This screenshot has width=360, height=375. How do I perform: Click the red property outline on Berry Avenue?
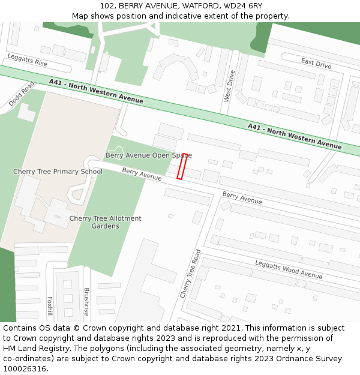(x=182, y=166)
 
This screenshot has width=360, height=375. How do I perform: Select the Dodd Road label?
(x=22, y=94)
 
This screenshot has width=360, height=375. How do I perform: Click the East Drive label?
(x=316, y=63)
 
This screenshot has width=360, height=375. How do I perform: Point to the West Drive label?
(x=229, y=86)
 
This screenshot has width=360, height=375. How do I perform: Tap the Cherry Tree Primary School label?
(x=58, y=172)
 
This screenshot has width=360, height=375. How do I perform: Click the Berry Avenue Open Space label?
(x=148, y=155)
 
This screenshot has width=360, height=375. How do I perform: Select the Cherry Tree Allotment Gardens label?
(x=106, y=223)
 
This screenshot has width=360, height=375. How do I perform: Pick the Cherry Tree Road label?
(x=190, y=274)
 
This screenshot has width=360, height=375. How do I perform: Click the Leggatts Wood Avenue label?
(x=289, y=269)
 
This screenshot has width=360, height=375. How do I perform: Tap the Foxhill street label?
(x=50, y=306)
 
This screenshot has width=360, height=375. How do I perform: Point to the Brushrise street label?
(x=86, y=302)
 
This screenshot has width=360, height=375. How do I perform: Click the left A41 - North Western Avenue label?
(x=97, y=92)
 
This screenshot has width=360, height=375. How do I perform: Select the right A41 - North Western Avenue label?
(x=295, y=136)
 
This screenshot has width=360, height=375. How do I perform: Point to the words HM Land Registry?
(x=34, y=348)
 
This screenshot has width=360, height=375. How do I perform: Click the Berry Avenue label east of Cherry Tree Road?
(x=242, y=197)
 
